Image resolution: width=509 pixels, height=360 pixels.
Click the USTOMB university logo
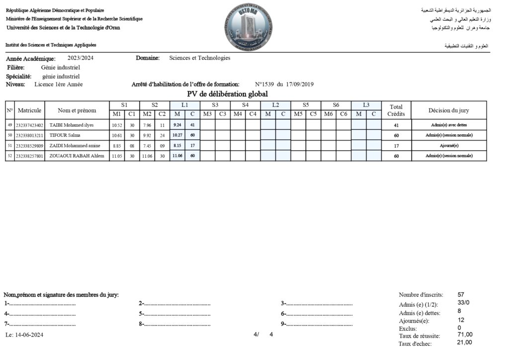(249, 26)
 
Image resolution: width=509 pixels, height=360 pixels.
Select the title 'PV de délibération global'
(227, 93)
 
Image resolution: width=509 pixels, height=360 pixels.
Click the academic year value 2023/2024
(80, 58)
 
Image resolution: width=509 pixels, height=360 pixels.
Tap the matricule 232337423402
(29, 125)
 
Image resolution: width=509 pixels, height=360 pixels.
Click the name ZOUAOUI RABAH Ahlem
(77, 156)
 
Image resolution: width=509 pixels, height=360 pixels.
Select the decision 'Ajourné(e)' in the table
(449, 146)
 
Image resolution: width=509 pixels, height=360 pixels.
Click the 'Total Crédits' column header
(396, 110)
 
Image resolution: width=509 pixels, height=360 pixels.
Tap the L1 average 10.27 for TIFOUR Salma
(177, 135)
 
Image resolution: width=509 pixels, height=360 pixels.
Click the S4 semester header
(245, 105)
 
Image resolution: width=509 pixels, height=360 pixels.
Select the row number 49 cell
(10, 125)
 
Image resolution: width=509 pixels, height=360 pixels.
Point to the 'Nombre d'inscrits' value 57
(461, 295)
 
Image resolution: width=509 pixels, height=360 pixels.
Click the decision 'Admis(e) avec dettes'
(449, 125)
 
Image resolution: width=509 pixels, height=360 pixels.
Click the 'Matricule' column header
(29, 110)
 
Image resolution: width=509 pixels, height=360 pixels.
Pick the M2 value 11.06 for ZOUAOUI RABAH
(147, 156)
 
